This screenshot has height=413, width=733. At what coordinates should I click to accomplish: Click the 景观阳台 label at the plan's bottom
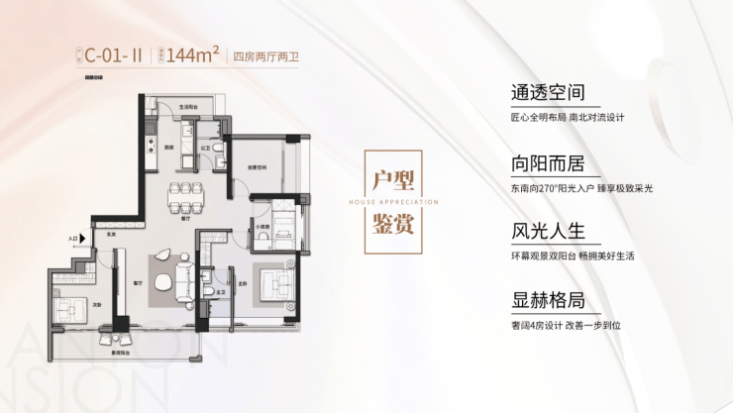[x=121, y=354]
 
